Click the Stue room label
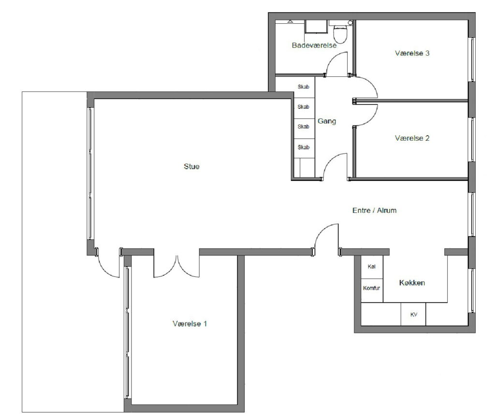click(x=191, y=166)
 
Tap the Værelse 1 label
click(x=189, y=324)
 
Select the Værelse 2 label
click(x=412, y=138)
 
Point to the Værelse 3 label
click(x=412, y=53)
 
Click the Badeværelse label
click(x=314, y=45)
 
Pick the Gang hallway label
click(x=327, y=121)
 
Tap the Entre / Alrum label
click(x=375, y=210)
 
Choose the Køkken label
click(x=412, y=282)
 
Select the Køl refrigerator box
click(x=372, y=267)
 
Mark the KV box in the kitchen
click(x=413, y=314)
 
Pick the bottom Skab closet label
click(x=304, y=147)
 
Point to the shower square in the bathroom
click(x=316, y=26)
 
